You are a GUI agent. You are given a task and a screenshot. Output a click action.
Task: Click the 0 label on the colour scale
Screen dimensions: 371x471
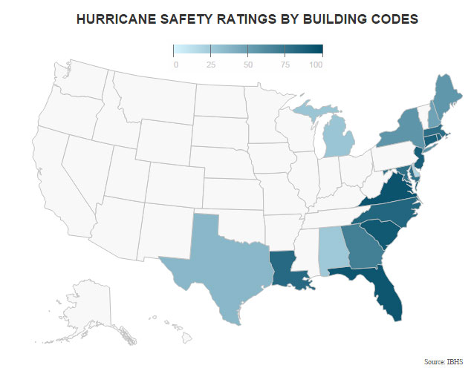[x=175, y=65]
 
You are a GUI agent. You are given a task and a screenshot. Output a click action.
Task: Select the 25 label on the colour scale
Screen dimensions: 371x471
[x=211, y=65]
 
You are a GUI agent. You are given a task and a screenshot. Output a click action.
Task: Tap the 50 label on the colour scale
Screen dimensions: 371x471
[x=247, y=65]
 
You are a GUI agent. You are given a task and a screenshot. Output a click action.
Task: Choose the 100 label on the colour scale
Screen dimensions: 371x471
[x=316, y=65]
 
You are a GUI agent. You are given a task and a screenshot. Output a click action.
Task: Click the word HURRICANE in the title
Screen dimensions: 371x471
[x=120, y=19]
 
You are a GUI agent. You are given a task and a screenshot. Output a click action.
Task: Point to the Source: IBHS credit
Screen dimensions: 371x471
[x=444, y=361]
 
